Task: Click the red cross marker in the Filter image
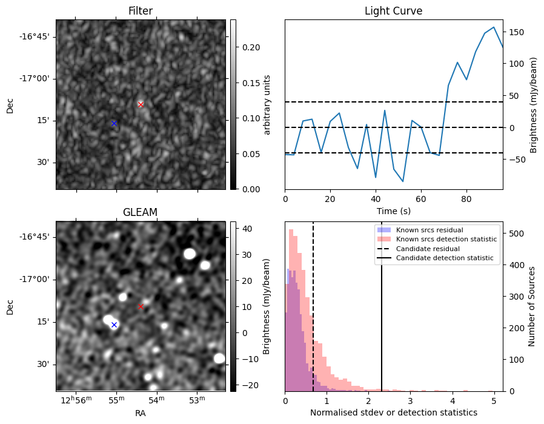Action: [x=141, y=104]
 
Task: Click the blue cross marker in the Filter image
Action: [x=114, y=123]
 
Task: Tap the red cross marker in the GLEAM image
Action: [x=141, y=306]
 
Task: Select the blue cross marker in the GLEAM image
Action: [x=114, y=325]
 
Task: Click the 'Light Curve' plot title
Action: [x=393, y=11]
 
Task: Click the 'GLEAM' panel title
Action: [x=140, y=212]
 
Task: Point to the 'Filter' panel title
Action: [x=140, y=11]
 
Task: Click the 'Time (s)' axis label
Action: [x=393, y=210]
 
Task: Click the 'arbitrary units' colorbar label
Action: [x=267, y=104]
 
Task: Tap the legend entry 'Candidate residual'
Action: [x=424, y=249]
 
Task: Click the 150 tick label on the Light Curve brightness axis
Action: [x=517, y=32]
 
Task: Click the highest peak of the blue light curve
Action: [x=494, y=27]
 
